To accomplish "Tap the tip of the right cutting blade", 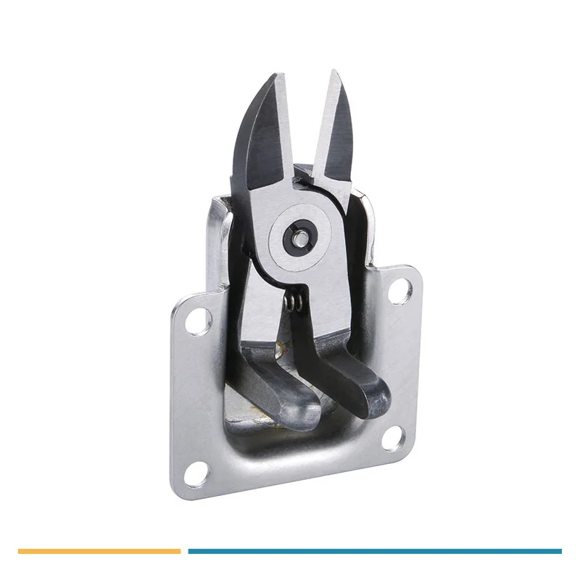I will click(x=334, y=72).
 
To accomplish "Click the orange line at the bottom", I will click(x=98, y=551).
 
